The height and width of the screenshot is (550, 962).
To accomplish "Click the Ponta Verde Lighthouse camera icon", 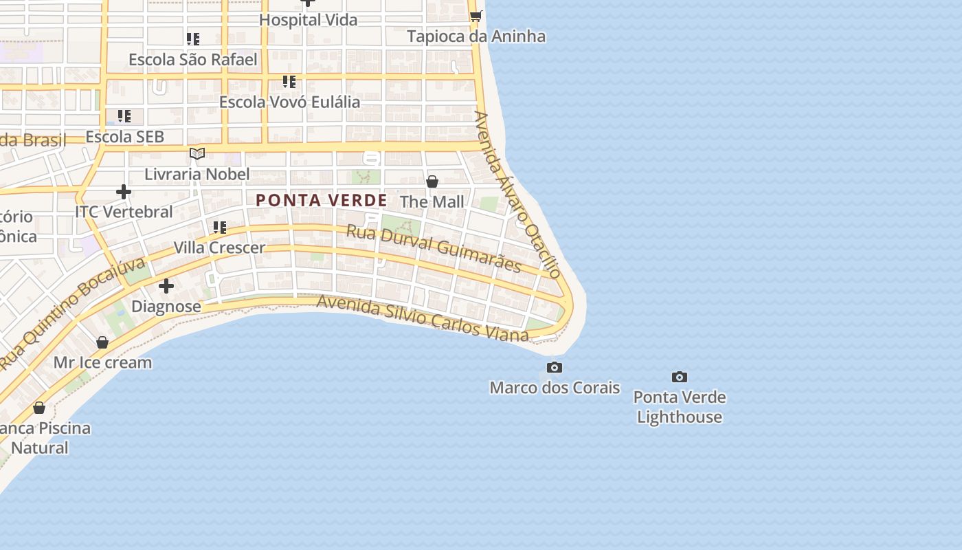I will (680, 377).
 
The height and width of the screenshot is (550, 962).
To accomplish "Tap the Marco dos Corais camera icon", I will (555, 367).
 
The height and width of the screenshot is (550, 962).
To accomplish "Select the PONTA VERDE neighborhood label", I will (322, 201).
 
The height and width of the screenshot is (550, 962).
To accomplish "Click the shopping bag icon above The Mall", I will (432, 181).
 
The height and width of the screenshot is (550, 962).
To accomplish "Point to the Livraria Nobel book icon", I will (197, 153).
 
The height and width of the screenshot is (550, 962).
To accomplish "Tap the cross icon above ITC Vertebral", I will (124, 191).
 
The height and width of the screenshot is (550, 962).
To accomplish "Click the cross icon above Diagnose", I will (166, 286).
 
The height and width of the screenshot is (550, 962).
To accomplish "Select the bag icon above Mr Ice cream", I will (102, 342).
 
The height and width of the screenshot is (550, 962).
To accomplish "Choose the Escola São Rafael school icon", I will (193, 39).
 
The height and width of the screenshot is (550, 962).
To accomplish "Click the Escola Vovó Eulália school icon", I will (289, 82).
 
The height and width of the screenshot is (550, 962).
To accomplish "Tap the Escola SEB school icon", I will (124, 116).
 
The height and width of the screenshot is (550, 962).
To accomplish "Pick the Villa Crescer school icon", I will (220, 227).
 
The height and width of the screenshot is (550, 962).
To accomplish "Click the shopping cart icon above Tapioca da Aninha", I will (476, 16).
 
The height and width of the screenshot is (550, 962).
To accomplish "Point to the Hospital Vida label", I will (309, 20).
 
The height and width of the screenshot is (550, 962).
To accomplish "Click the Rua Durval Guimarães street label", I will (434, 248).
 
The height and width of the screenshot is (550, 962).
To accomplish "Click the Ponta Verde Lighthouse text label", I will (679, 407).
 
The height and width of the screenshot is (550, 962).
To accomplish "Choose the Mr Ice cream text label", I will (103, 362).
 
